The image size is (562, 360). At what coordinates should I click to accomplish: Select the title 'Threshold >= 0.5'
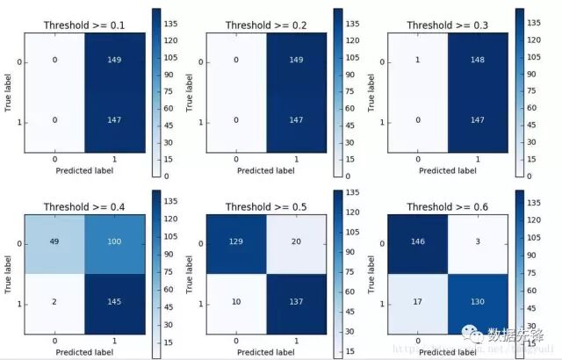click(x=265, y=207)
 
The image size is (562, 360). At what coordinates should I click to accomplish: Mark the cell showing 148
click(x=479, y=61)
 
